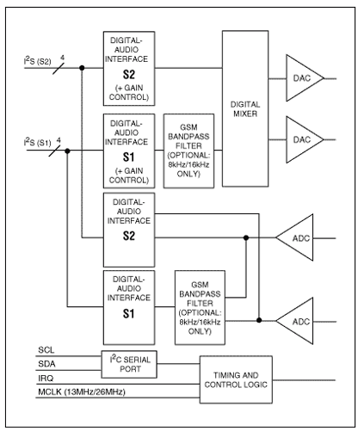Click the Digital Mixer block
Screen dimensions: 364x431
pyautogui.click(x=245, y=108)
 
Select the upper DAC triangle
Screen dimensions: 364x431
pyautogui.click(x=303, y=78)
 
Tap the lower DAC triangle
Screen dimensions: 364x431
pyautogui.click(x=303, y=139)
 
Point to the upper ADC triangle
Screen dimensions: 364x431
pyautogui.click(x=297, y=237)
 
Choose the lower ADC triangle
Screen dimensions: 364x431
pyautogui.click(x=297, y=321)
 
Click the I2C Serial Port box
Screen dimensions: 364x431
pyautogui.click(x=129, y=364)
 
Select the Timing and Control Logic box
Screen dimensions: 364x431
pyautogui.click(x=236, y=379)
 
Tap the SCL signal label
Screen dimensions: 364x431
pyautogui.click(x=46, y=350)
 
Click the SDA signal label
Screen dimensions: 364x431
pyautogui.click(x=46, y=364)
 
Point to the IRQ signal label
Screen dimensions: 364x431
pyautogui.click(x=46, y=379)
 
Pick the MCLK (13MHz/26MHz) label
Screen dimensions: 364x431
pyautogui.click(x=82, y=392)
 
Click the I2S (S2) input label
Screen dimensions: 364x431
pyautogui.click(x=37, y=61)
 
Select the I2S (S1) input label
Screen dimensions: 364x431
pyautogui.click(x=37, y=142)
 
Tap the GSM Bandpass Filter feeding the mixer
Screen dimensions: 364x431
pyautogui.click(x=188, y=151)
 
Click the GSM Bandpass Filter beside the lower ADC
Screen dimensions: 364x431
pyautogui.click(x=200, y=307)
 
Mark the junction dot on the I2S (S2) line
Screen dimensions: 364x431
pyautogui.click(x=82, y=68)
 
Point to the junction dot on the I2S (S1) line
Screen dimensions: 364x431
pyautogui.click(x=67, y=151)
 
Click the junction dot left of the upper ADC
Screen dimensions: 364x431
pyautogui.click(x=246, y=237)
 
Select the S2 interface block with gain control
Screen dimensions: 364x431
pyautogui.click(x=129, y=69)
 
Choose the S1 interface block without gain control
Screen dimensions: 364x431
pyautogui.click(x=129, y=307)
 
